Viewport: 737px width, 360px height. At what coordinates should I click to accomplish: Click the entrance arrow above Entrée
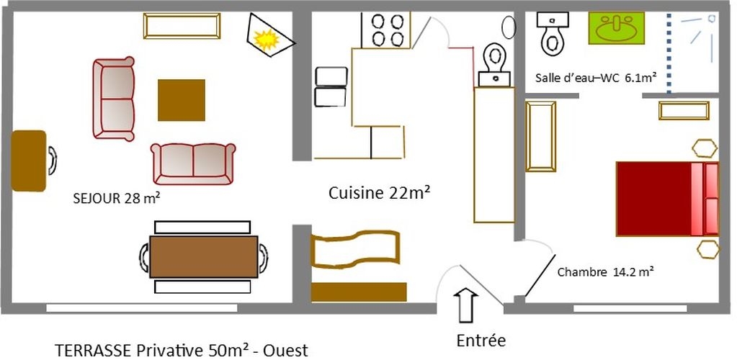point(465,305)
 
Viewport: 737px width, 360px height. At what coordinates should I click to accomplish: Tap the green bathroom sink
point(616,28)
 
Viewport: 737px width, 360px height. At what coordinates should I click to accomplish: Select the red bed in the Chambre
point(667,198)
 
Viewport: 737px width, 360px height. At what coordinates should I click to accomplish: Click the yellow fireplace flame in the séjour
point(267,40)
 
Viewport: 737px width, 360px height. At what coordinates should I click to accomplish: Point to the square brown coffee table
point(182,100)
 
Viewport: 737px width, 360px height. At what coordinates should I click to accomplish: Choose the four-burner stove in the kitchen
point(385,30)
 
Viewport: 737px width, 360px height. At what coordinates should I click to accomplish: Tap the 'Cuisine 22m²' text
point(380,193)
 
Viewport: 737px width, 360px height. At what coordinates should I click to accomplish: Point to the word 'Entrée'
point(481,341)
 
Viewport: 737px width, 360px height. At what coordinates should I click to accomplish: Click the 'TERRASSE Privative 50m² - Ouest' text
point(182,350)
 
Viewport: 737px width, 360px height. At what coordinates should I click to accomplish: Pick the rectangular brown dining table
point(203,257)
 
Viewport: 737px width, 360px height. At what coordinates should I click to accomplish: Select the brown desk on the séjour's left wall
point(29,161)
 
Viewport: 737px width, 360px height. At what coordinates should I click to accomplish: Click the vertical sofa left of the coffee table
point(114,99)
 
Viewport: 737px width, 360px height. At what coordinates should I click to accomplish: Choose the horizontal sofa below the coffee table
point(193,164)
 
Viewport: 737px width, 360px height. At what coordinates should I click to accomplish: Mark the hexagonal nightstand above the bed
point(705,148)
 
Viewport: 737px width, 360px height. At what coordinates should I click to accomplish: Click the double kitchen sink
point(331,87)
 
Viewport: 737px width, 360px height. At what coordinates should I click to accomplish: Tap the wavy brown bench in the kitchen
point(355,250)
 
